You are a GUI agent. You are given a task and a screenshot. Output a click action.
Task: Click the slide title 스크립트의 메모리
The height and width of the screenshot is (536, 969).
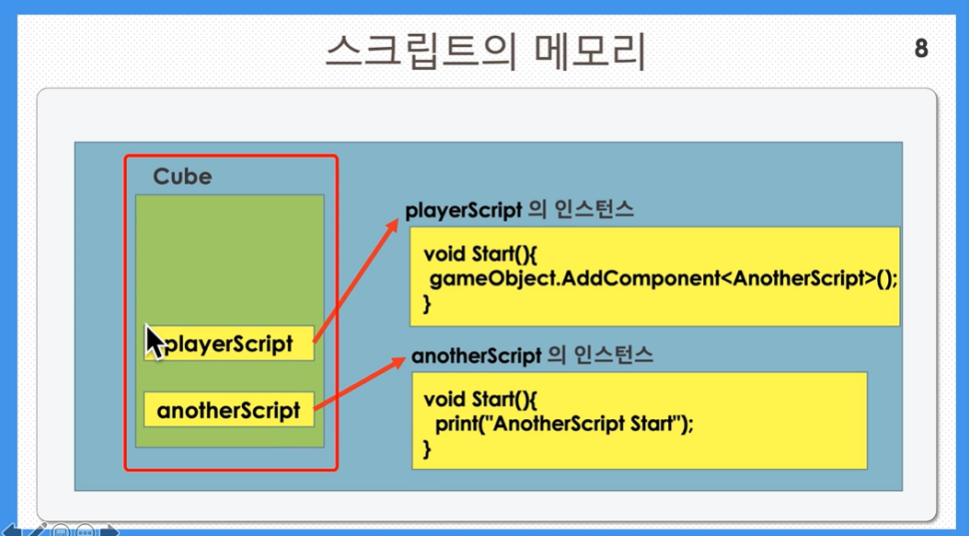(485, 52)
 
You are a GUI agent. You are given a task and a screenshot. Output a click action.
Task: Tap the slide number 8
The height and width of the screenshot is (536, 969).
(921, 48)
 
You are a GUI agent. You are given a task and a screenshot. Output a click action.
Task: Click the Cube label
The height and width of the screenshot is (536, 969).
(182, 177)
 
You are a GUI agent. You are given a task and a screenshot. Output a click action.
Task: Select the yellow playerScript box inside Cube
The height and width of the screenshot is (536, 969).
(229, 344)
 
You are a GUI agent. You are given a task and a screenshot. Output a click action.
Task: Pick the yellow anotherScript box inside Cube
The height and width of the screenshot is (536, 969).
(229, 409)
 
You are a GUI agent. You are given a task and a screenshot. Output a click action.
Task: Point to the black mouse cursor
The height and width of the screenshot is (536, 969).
(156, 342)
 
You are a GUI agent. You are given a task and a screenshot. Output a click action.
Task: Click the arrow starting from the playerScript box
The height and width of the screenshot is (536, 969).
(355, 280)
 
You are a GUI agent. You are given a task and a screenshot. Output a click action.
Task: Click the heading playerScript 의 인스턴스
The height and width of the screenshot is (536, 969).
(519, 210)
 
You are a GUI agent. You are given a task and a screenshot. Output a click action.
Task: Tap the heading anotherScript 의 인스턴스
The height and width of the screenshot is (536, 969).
(532, 355)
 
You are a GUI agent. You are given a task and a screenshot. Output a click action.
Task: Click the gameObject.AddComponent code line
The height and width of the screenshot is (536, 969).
(663, 279)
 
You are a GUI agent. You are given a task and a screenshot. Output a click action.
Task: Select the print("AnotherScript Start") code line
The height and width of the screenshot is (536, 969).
(564, 424)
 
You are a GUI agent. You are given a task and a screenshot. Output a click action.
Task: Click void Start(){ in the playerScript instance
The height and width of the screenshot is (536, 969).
(480, 254)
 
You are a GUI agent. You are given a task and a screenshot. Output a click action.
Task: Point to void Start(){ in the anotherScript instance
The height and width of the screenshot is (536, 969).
(480, 400)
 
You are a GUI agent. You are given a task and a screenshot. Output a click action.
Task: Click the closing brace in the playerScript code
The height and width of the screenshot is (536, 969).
(427, 304)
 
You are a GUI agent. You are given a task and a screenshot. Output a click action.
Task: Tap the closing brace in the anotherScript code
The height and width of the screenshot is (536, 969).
(427, 449)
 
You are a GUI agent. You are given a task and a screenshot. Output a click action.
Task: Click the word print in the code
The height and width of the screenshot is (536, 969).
(456, 424)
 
